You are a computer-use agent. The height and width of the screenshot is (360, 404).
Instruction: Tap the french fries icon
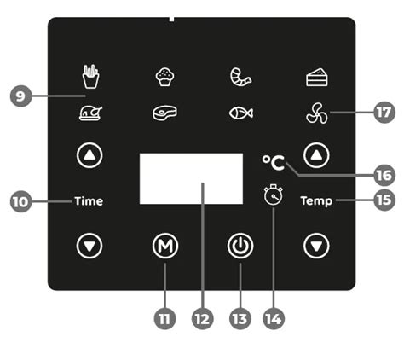[91, 76]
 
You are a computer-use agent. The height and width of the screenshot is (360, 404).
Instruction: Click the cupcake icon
[164, 77]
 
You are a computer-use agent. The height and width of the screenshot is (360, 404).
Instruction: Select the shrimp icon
[240, 77]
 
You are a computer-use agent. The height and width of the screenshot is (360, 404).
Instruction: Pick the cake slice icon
[317, 77]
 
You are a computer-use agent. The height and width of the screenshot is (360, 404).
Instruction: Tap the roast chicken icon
[90, 113]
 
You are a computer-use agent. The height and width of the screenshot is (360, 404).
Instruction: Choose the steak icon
[164, 113]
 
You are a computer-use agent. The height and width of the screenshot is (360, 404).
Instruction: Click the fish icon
[241, 113]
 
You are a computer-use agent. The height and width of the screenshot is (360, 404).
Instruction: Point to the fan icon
[317, 113]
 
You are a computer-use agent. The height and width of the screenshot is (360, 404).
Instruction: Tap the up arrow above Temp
[316, 155]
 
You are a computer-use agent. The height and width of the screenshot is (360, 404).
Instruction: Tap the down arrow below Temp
[316, 246]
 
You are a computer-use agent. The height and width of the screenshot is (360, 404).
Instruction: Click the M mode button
[165, 246]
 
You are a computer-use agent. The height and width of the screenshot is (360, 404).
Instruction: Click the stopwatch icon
[274, 195]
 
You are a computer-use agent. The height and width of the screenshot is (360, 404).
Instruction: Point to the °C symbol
[273, 163]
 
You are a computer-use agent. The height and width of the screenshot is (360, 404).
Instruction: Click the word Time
[89, 201]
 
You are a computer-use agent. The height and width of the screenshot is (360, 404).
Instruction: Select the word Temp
[316, 201]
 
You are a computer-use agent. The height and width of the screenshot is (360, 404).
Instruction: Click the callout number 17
[384, 113]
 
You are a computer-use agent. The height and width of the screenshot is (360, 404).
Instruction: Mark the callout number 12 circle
[203, 318]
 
